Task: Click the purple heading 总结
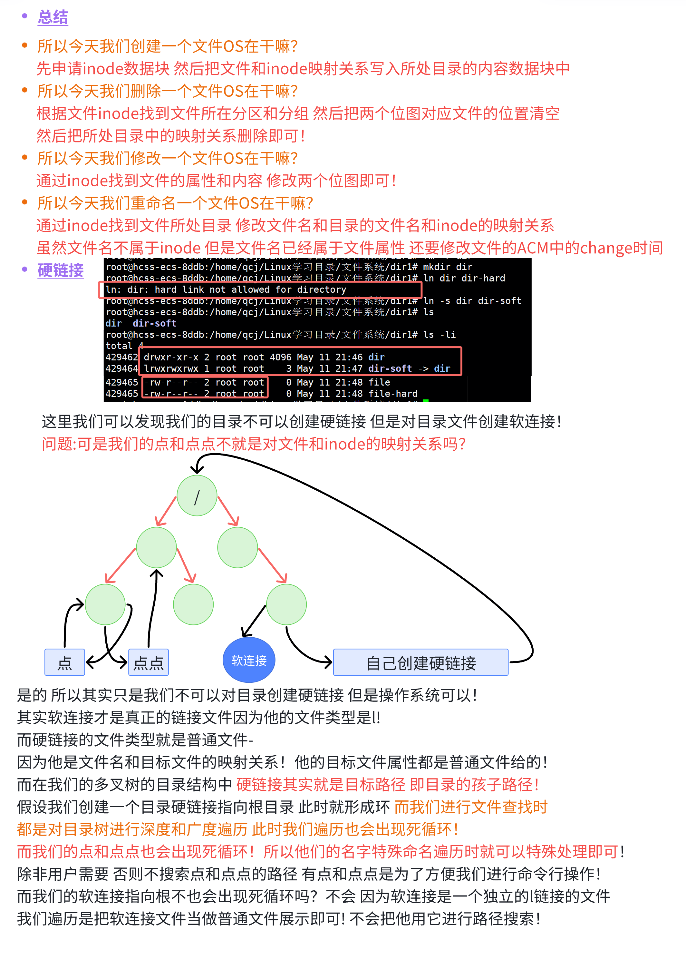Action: [53, 17]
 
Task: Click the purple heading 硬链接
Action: [60, 270]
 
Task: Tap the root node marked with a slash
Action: [197, 496]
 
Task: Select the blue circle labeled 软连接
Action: [249, 660]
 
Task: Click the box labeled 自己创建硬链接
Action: [421, 663]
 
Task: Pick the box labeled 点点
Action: [148, 663]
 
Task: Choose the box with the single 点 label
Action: [65, 663]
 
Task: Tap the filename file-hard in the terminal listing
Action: [393, 394]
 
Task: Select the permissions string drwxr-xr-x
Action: [171, 357]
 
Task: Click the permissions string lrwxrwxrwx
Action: [171, 368]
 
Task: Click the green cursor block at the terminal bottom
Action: [426, 400]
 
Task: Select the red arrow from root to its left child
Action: [166, 511]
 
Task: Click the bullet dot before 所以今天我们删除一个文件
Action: [24, 90]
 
